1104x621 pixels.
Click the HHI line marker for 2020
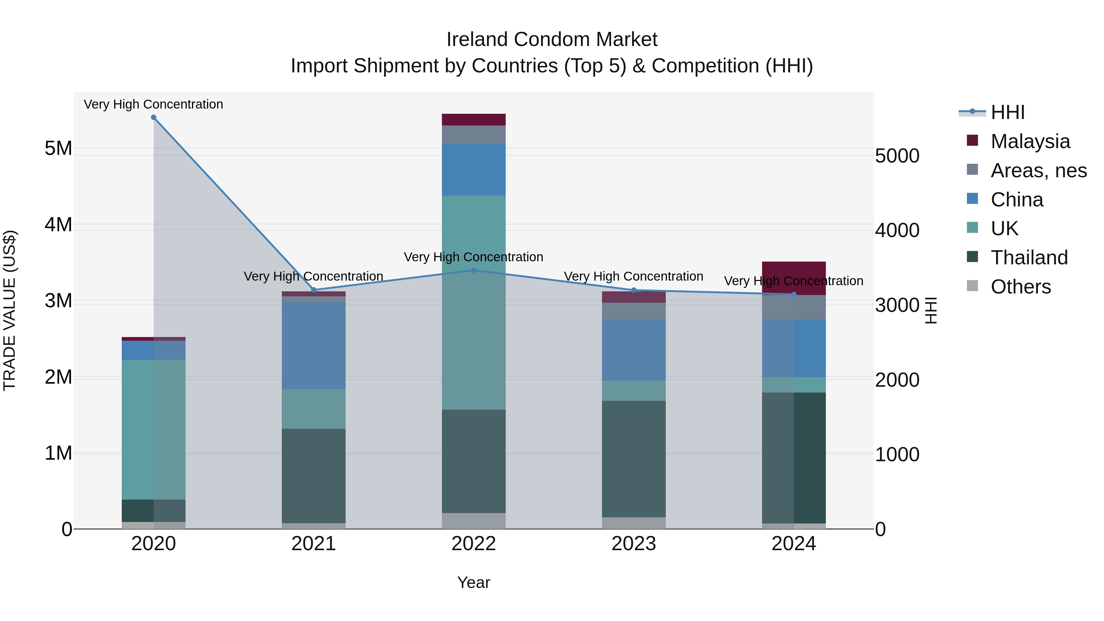coord(153,117)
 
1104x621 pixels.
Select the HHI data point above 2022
coord(473,270)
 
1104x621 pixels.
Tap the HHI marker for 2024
coord(794,294)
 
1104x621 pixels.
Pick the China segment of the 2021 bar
coord(313,345)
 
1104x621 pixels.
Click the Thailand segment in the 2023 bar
coord(634,458)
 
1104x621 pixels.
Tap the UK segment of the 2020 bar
coord(153,429)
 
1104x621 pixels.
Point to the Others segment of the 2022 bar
coord(473,521)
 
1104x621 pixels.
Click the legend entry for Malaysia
coord(1029,141)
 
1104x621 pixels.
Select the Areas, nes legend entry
coord(1038,171)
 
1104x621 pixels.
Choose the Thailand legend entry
coord(1029,258)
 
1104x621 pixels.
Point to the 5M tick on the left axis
coord(58,148)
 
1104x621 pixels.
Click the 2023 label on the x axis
coord(634,544)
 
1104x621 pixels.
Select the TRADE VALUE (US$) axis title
coord(10,310)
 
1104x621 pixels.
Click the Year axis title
coord(473,582)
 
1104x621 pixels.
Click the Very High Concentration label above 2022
coord(473,257)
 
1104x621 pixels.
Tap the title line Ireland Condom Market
coord(552,40)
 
